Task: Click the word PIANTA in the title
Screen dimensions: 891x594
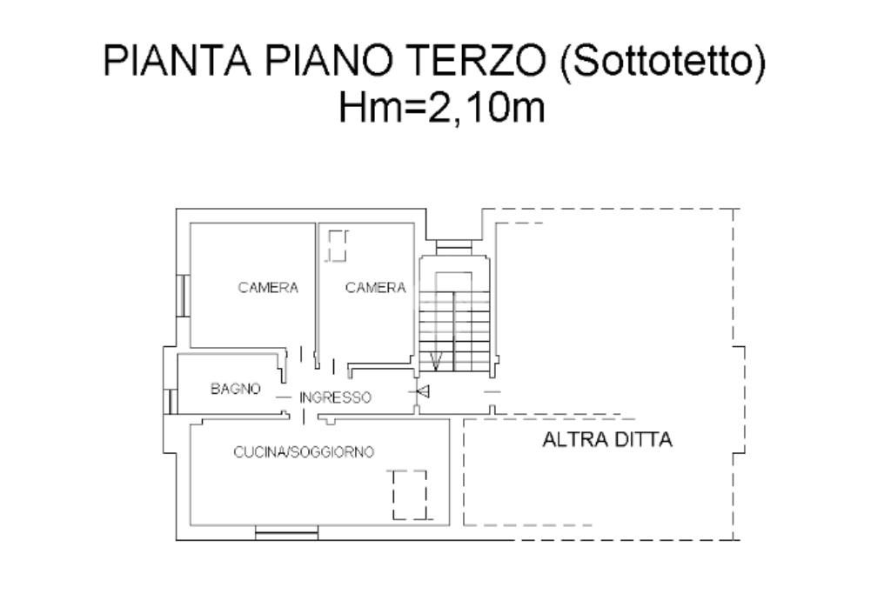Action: click(x=177, y=61)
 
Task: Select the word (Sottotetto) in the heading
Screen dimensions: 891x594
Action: click(x=663, y=62)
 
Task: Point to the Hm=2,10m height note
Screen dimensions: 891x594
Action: click(x=441, y=107)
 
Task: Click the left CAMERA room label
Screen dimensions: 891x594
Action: click(x=268, y=287)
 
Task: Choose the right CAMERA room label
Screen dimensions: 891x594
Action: click(x=376, y=288)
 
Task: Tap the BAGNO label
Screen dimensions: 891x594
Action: click(x=236, y=389)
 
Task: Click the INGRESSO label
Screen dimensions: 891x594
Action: click(x=335, y=397)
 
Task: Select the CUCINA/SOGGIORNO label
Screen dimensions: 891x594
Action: click(x=304, y=452)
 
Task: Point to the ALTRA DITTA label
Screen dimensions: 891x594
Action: click(x=607, y=439)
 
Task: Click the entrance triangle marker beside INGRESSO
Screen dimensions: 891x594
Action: click(x=422, y=391)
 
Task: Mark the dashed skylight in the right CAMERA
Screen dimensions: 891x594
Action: click(x=337, y=245)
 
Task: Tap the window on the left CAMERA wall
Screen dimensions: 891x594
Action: click(x=183, y=296)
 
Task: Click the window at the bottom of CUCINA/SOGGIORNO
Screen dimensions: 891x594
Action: click(x=286, y=532)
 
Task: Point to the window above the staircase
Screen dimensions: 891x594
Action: click(x=453, y=246)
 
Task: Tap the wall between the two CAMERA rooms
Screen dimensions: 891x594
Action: click(x=317, y=292)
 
